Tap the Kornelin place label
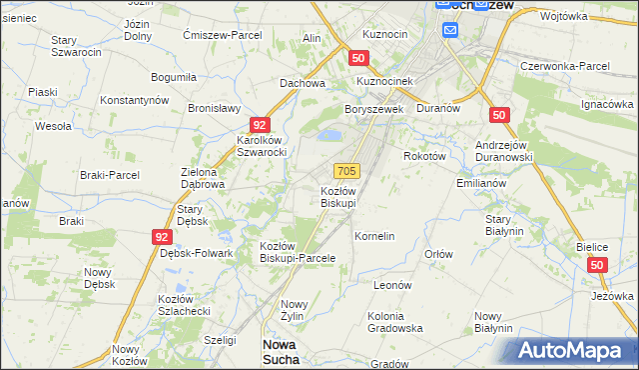coord(375,236)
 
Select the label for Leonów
coord(392,285)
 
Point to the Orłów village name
coord(439,254)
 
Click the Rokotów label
coord(423,156)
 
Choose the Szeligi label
coord(220,340)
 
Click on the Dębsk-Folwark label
coord(196,253)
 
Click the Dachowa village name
coord(303,83)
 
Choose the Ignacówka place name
coord(607,104)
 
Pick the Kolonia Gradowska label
coord(395,322)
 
